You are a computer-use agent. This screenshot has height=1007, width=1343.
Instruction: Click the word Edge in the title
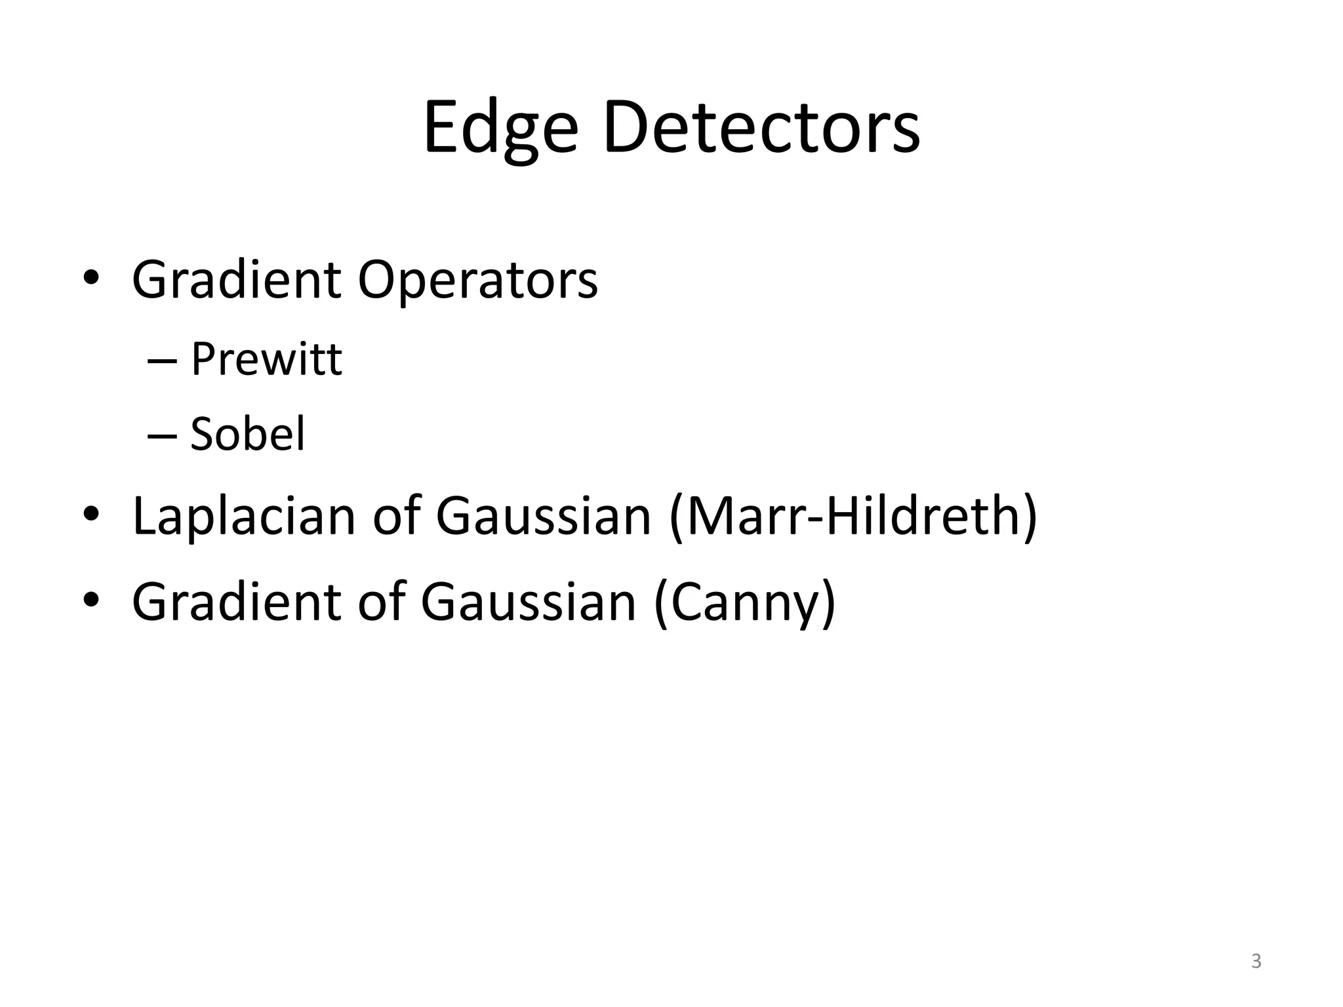coord(500,128)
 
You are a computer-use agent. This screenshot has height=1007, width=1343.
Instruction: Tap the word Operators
coord(477,280)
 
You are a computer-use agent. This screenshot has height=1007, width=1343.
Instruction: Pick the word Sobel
coord(247,434)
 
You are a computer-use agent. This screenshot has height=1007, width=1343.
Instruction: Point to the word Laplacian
coord(243,516)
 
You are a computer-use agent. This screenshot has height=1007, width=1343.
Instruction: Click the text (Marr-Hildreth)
coord(853,516)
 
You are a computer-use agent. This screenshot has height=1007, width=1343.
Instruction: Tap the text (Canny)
coord(745,602)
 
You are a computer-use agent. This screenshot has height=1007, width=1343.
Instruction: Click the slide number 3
coord(1256,961)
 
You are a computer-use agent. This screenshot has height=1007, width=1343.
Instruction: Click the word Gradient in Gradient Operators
coord(236,280)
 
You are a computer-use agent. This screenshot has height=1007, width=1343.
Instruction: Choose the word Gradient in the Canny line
coord(236,602)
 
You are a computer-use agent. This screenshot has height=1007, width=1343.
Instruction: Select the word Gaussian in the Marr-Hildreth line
coord(543,516)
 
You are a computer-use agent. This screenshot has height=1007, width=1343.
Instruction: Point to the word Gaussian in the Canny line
coord(528,602)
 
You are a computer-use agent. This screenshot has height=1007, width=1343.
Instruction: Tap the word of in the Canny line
coord(380,602)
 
